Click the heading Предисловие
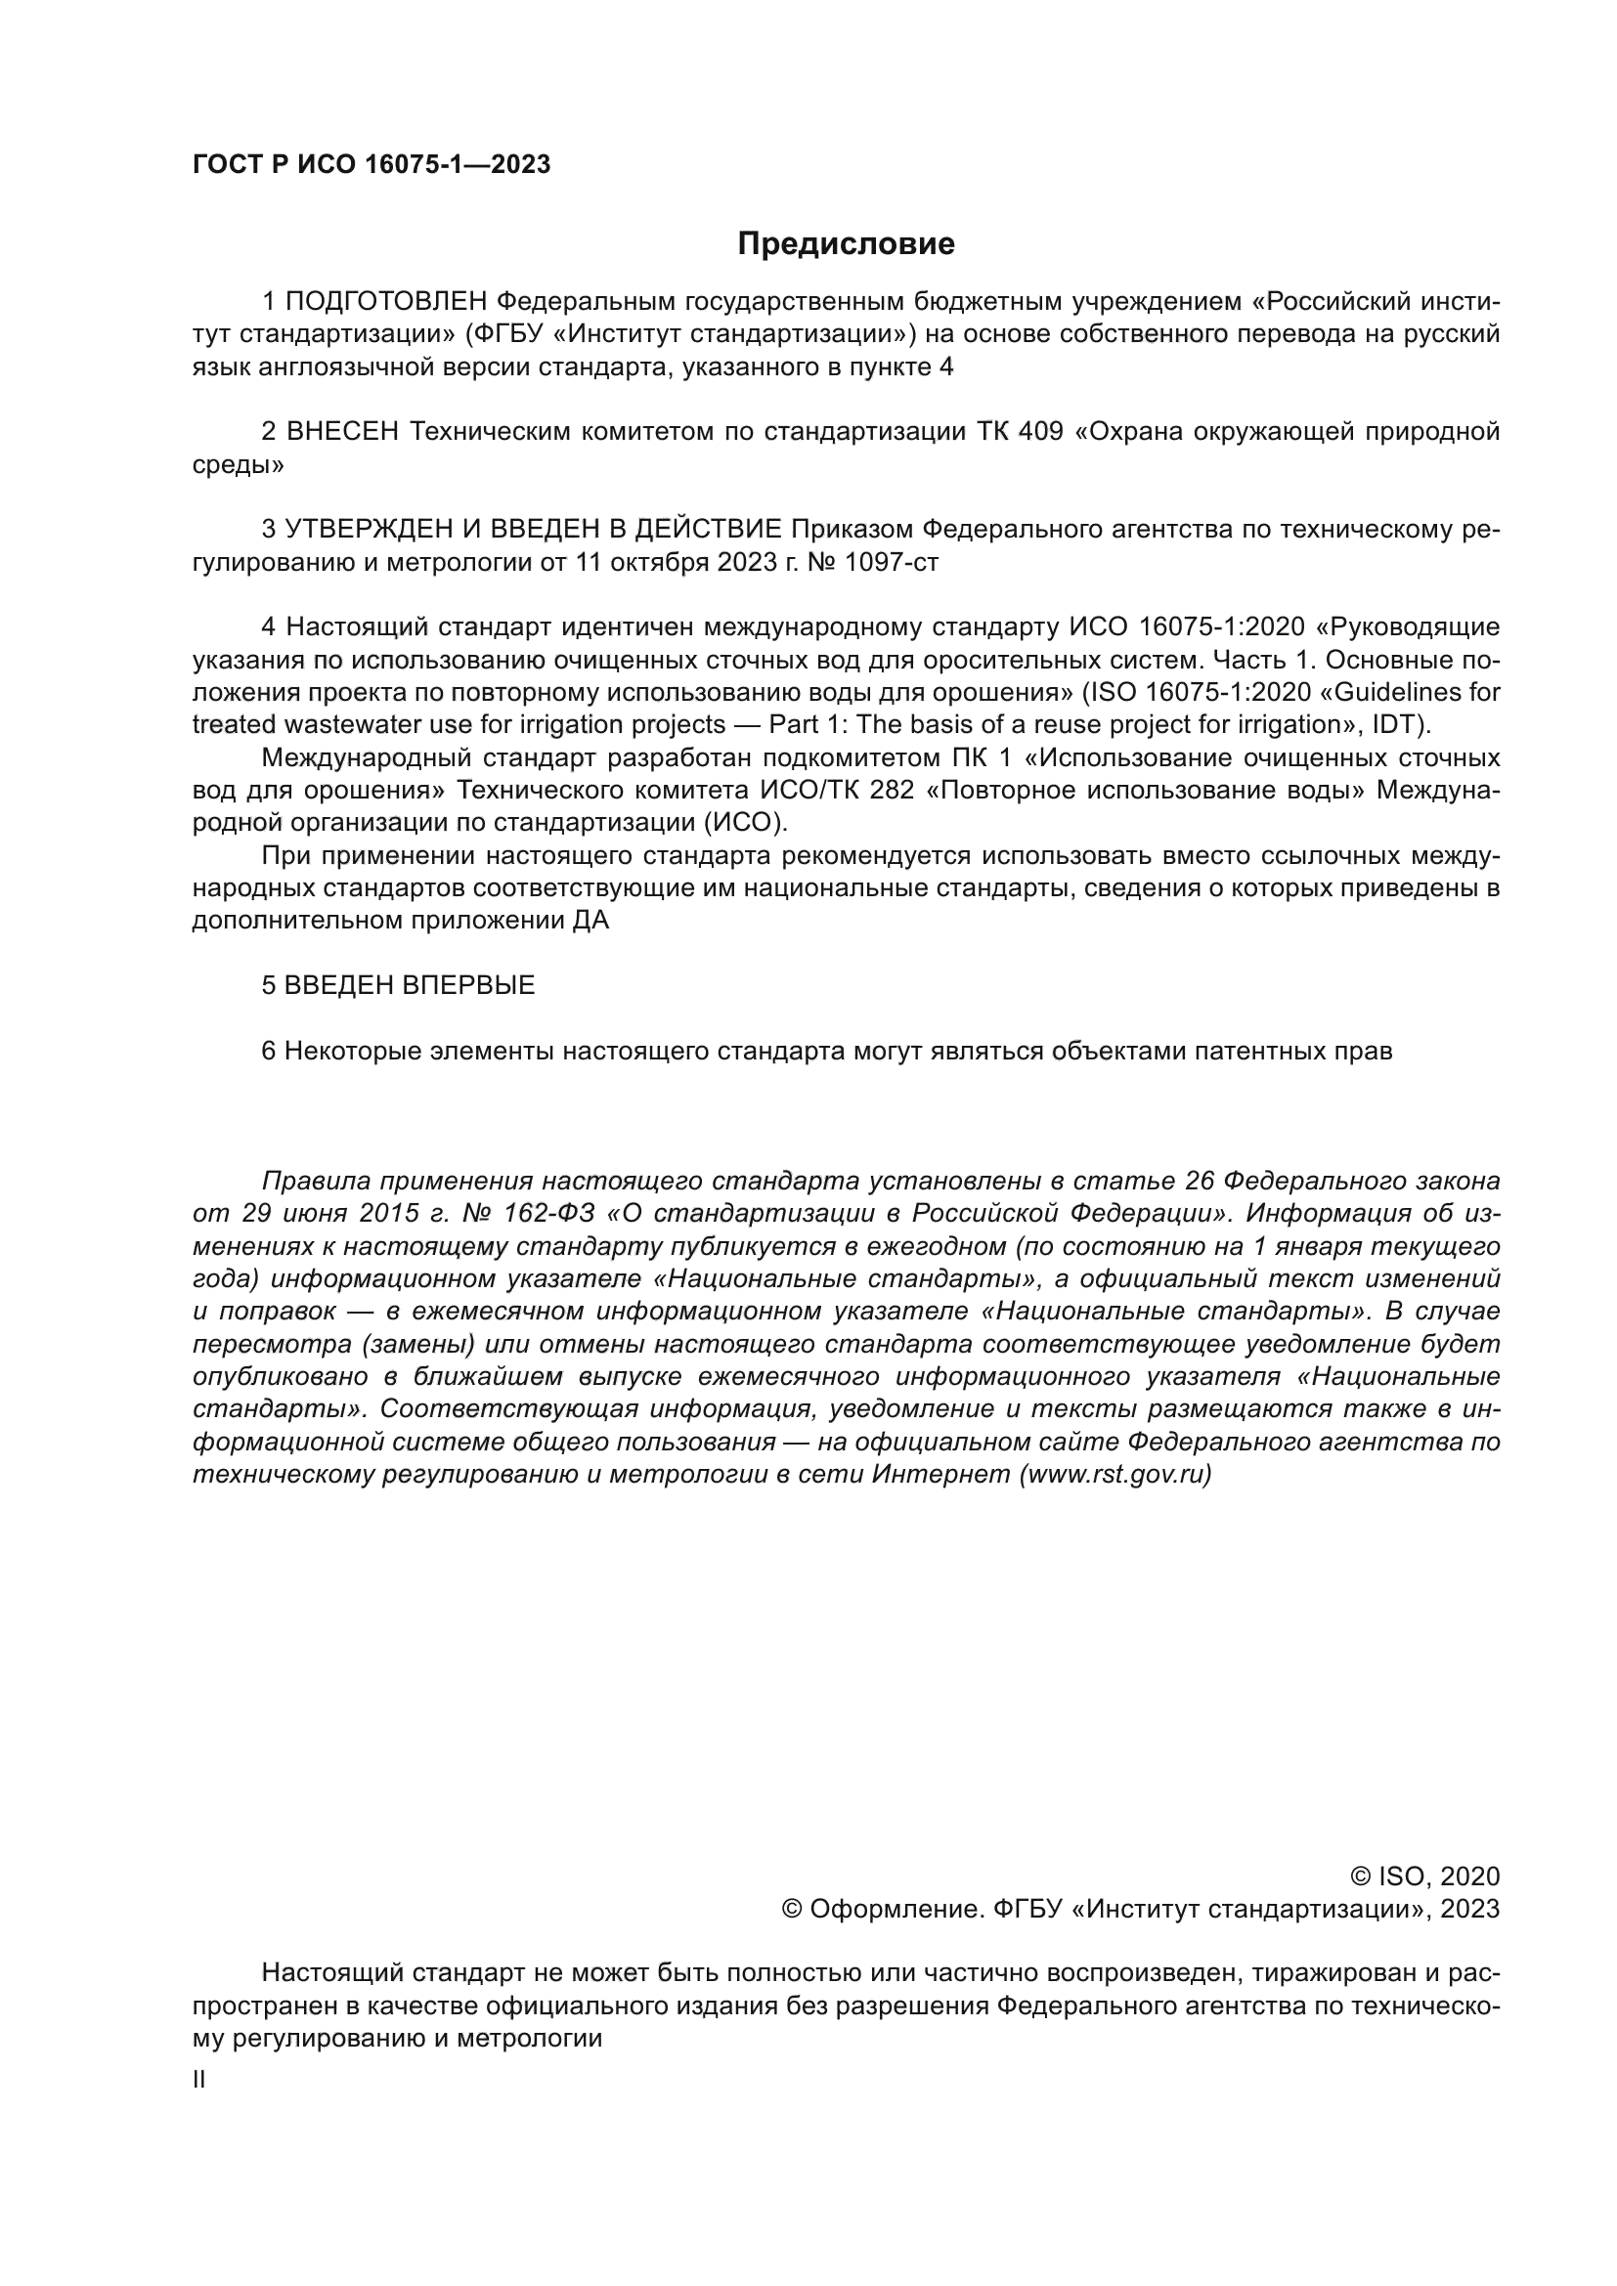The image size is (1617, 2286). (x=846, y=244)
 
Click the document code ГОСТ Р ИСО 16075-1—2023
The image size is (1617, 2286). (x=371, y=165)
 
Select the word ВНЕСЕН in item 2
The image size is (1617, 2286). (x=342, y=432)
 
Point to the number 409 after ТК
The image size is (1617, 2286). (x=1040, y=432)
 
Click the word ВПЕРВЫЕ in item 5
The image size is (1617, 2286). (x=469, y=986)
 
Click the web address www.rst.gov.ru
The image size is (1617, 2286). (x=1116, y=1476)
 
